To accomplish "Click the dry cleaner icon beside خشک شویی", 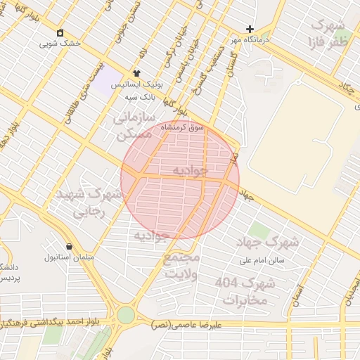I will (x=60, y=32).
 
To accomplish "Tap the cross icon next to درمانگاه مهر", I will (x=250, y=29).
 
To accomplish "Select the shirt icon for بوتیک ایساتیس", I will (x=136, y=72).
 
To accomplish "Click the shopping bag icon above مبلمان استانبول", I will (x=69, y=246).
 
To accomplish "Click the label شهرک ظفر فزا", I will (x=328, y=32).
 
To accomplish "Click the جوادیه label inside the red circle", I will (x=190, y=170).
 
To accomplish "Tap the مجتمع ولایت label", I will (x=182, y=265).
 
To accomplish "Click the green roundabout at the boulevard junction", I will (x=126, y=315).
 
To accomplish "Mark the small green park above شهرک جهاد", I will (x=259, y=230).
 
